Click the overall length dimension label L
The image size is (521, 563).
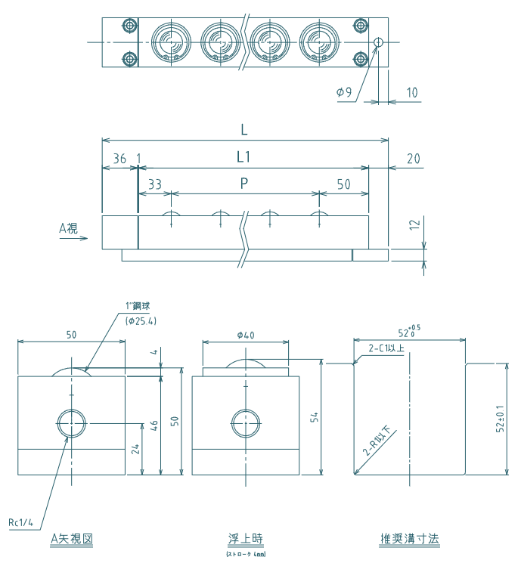tap(243, 129)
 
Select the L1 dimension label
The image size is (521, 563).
tap(243, 157)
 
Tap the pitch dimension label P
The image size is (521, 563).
tap(243, 183)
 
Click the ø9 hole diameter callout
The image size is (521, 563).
tap(344, 92)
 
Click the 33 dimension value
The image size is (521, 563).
tap(155, 184)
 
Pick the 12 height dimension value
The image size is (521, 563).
tap(413, 225)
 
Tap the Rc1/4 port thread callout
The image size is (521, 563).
tap(21, 522)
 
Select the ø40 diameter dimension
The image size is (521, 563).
tap(246, 335)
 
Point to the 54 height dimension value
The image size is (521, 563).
tap(314, 416)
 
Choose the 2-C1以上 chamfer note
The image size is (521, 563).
tap(386, 348)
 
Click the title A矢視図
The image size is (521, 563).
tap(71, 539)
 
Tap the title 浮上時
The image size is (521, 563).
tap(246, 539)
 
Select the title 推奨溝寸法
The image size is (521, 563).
tap(409, 539)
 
